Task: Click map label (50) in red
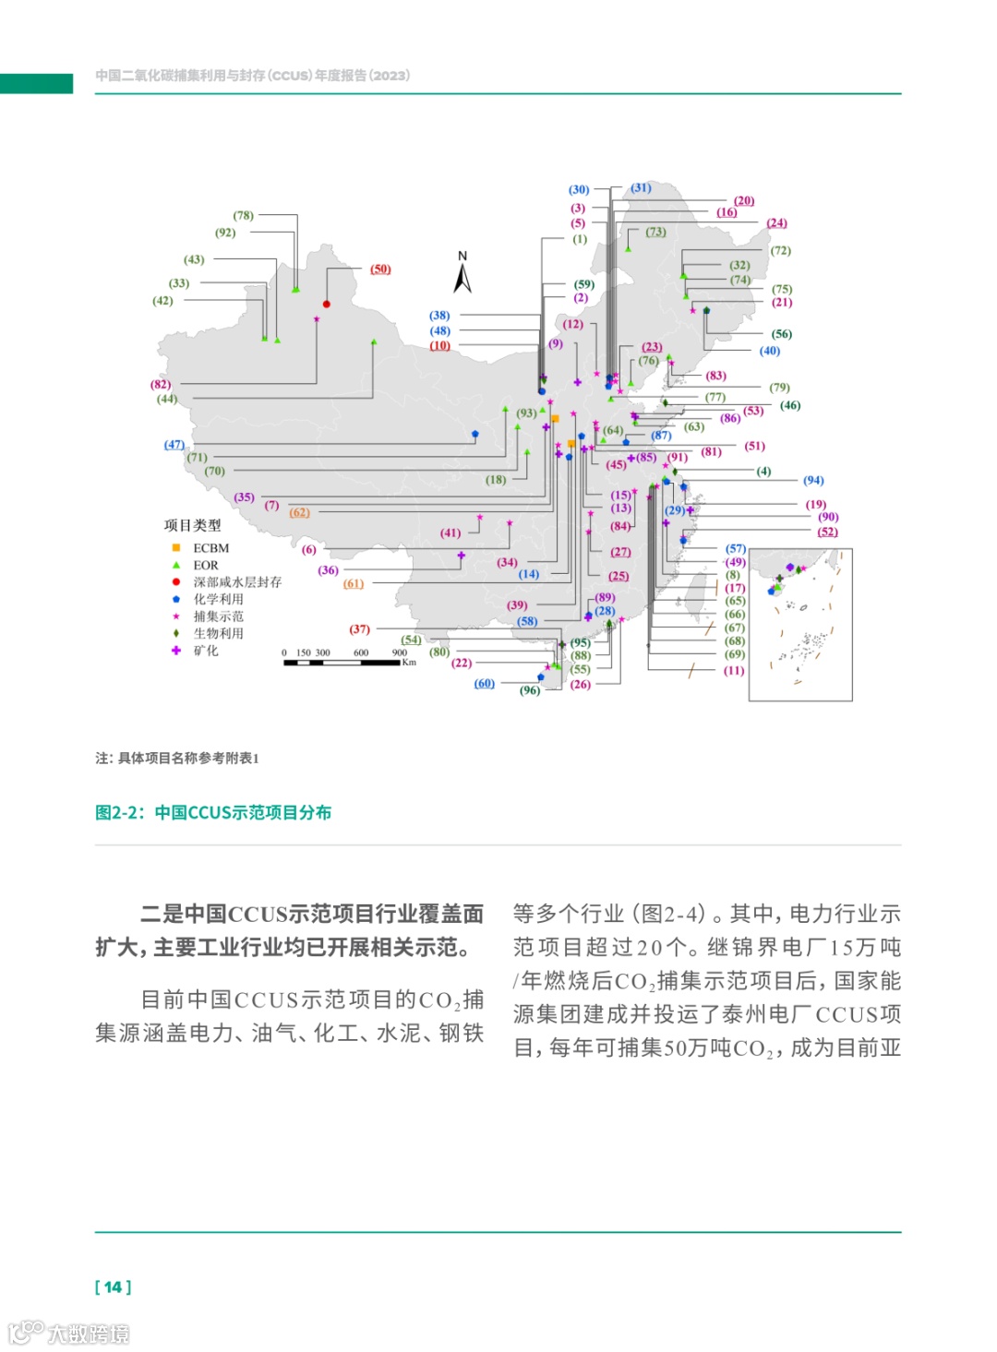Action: coord(380,269)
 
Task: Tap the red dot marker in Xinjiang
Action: coord(327,304)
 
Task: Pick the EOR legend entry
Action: coord(205,566)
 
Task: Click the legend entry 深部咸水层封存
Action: coord(236,582)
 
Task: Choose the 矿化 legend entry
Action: coord(205,651)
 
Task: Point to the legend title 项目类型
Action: coord(193,525)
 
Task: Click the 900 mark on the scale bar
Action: coord(400,652)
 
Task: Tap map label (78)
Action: coord(243,216)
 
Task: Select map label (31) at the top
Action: coord(642,188)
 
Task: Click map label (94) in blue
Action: coord(813,481)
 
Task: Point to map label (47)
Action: coord(174,445)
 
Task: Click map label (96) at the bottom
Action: coord(530,690)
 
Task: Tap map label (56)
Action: coord(782,334)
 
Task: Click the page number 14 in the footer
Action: coord(113,1286)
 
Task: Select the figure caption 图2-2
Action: coord(213,812)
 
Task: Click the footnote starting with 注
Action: coord(177,758)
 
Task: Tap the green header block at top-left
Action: coord(36,83)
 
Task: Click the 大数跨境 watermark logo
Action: coord(69,1333)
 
